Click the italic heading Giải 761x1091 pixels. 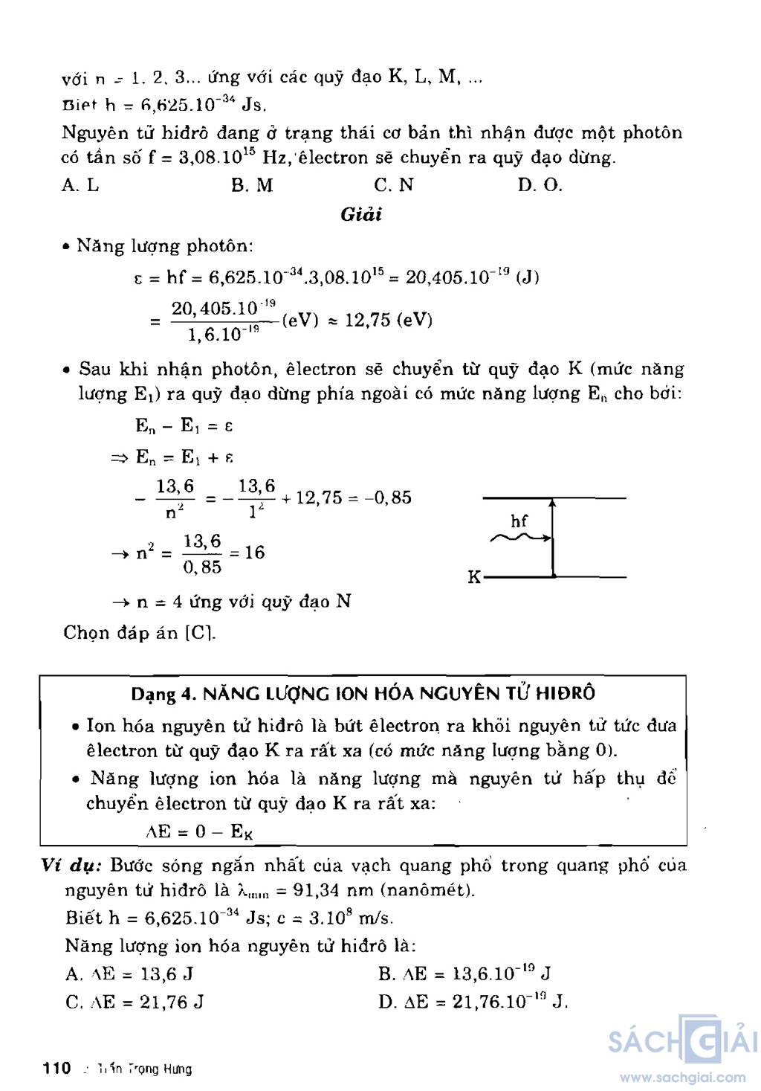(x=360, y=215)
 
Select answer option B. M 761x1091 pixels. (x=252, y=185)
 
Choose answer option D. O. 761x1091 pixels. (x=540, y=185)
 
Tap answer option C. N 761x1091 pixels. (x=394, y=185)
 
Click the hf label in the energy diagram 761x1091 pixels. (x=519, y=521)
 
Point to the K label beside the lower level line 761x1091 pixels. (x=474, y=577)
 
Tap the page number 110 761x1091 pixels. (x=56, y=1069)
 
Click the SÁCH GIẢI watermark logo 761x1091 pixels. (x=681, y=1041)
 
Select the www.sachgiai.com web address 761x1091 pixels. (x=682, y=1077)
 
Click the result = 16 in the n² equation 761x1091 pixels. (x=247, y=553)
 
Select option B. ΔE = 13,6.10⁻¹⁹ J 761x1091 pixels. (x=464, y=973)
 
